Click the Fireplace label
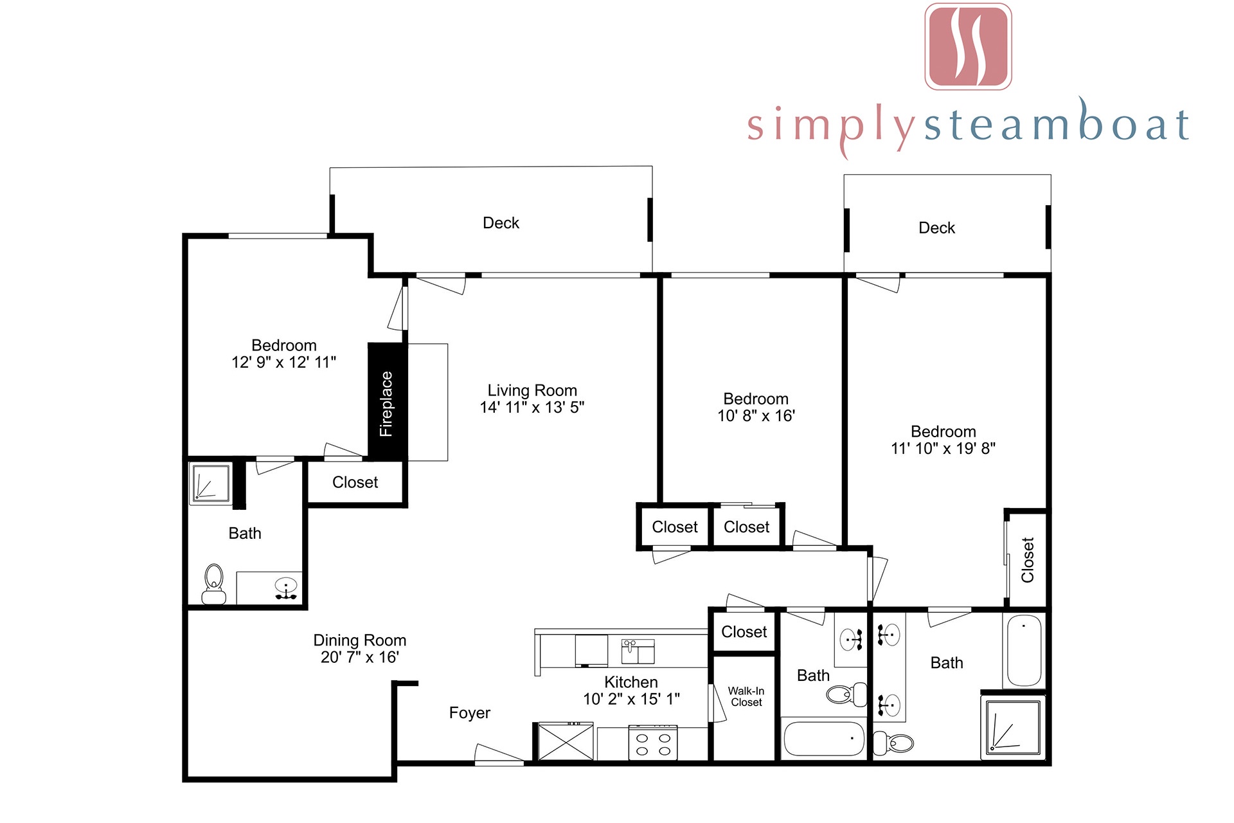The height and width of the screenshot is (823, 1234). [x=386, y=404]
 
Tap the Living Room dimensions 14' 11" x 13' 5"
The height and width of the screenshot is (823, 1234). [x=532, y=407]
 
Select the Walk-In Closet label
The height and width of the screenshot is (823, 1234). [x=746, y=696]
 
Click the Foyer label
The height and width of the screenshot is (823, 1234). [x=470, y=712]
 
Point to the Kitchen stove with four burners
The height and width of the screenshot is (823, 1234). [x=653, y=743]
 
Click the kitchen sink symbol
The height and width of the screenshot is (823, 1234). [x=638, y=651]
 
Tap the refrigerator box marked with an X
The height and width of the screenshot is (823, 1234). [x=566, y=741]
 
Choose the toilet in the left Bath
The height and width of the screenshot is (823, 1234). [x=213, y=584]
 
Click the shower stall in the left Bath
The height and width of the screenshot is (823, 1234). [x=211, y=483]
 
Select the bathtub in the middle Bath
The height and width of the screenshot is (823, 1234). [x=824, y=739]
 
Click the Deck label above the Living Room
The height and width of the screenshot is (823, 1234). [x=501, y=223]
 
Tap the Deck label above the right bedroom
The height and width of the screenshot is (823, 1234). [x=936, y=228]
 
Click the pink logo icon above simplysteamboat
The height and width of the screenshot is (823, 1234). [x=968, y=46]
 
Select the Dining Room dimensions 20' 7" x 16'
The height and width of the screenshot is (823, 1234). [x=360, y=657]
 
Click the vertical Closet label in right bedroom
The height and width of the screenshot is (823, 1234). [x=1028, y=560]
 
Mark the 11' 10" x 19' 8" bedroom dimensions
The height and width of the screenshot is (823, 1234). [x=943, y=448]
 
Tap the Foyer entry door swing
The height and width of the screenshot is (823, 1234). [x=499, y=755]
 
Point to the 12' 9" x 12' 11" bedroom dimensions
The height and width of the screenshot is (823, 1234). [x=283, y=362]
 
